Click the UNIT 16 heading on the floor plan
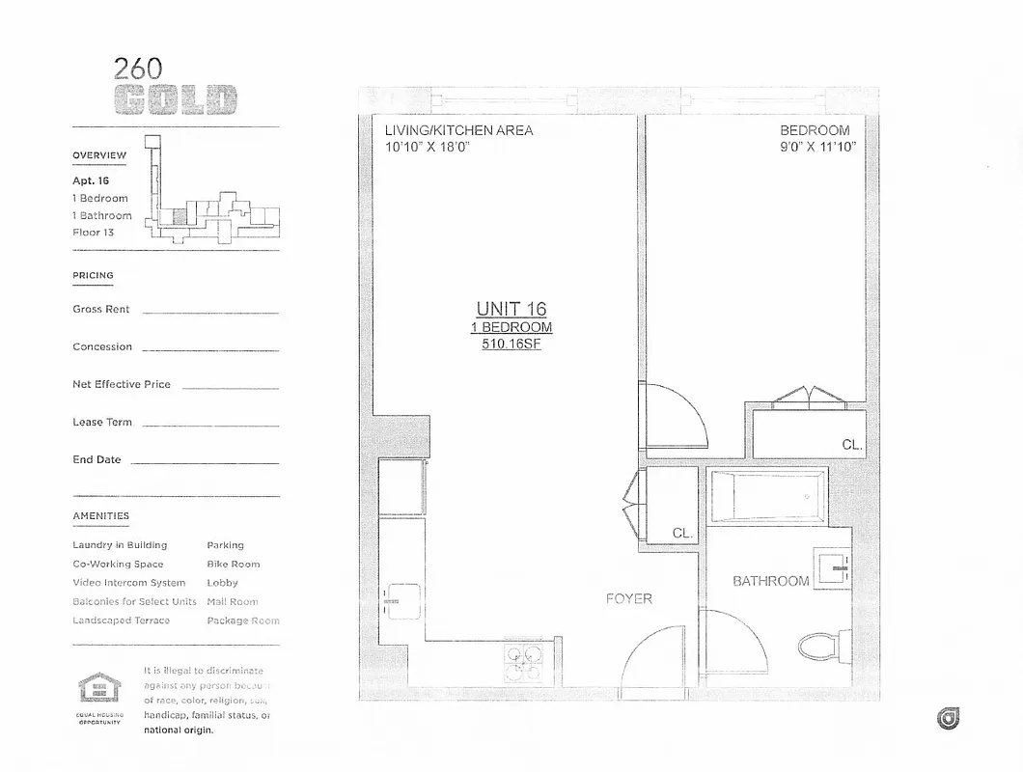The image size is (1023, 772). click(x=511, y=309)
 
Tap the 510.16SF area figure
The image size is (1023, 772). click(x=511, y=344)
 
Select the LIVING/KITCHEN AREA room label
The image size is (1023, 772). click(x=458, y=130)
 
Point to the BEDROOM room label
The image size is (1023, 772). click(x=816, y=130)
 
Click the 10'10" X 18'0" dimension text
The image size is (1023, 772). click(x=427, y=147)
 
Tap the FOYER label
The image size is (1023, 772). click(x=628, y=599)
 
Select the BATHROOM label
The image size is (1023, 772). click(x=770, y=581)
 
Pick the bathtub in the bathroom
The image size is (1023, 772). click(x=768, y=495)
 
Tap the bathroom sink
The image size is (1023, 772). click(x=830, y=567)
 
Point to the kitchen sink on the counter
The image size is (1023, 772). click(x=397, y=600)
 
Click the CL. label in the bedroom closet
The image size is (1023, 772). click(x=851, y=445)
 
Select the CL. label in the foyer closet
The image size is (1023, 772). click(x=682, y=533)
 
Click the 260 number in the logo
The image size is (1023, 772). click(x=138, y=69)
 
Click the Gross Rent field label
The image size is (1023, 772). click(x=101, y=310)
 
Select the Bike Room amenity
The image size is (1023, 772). click(x=233, y=564)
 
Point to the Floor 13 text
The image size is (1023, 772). click(x=94, y=233)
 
